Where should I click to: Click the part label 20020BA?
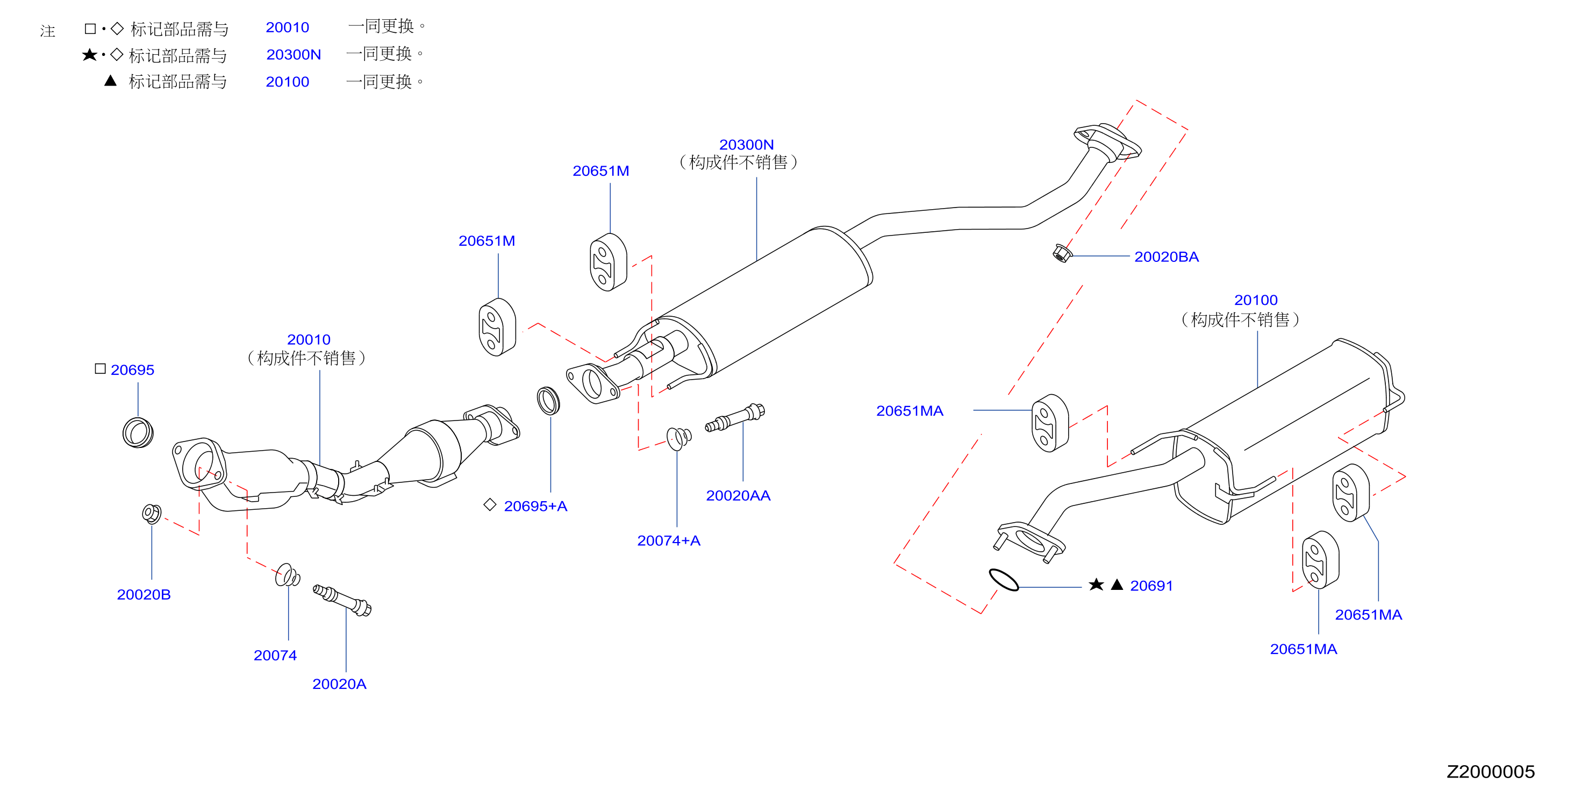click(x=1166, y=256)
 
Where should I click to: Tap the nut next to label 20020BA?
click(x=1062, y=253)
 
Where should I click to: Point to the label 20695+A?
click(x=535, y=506)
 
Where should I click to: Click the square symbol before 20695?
click(x=101, y=369)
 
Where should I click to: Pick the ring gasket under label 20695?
click(x=138, y=432)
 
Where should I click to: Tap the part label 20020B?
click(x=144, y=594)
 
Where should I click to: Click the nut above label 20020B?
click(x=151, y=514)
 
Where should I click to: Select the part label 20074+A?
click(x=669, y=540)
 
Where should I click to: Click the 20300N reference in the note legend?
click(x=294, y=54)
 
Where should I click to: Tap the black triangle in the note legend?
click(x=110, y=81)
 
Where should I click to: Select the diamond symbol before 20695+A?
click(x=490, y=505)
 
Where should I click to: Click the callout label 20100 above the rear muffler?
click(x=1256, y=300)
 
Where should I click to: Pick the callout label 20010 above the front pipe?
click(x=309, y=339)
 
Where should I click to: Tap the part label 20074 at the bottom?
click(x=275, y=655)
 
